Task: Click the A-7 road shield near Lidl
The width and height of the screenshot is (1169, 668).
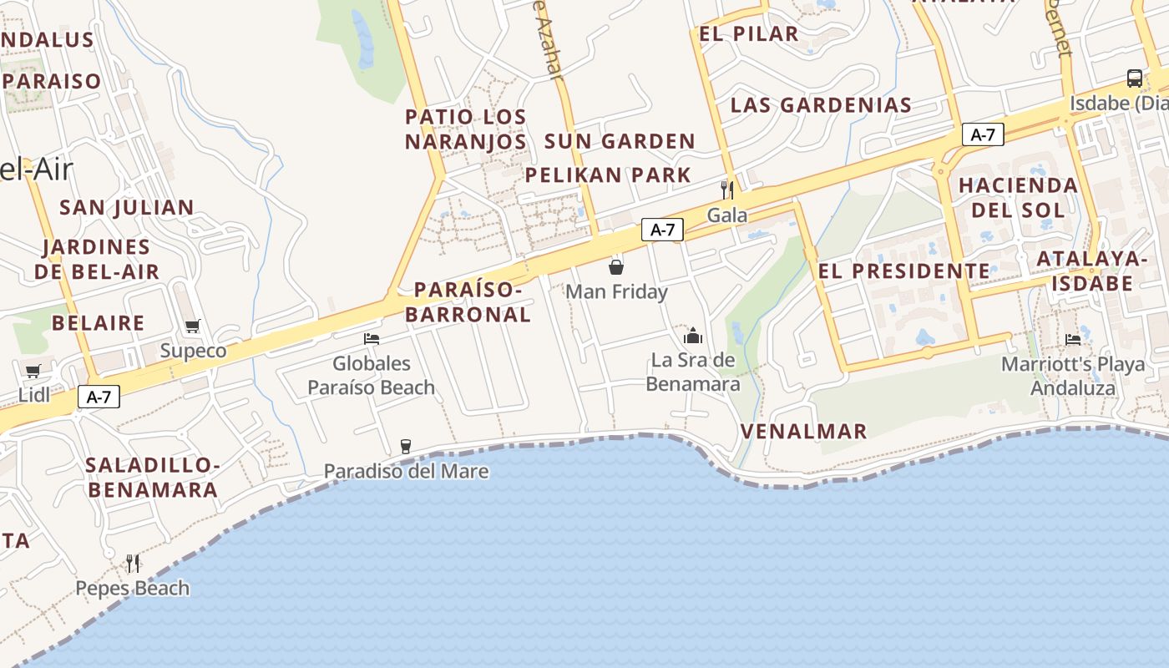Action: pos(99,397)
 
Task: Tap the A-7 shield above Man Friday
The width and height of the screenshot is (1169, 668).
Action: pos(662,230)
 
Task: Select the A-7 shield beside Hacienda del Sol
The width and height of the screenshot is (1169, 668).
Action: pos(983,134)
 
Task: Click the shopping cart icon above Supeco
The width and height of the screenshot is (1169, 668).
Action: pos(193,326)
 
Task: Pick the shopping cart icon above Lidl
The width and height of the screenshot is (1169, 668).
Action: pos(33,371)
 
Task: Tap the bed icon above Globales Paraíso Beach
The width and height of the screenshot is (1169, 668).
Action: pos(372,338)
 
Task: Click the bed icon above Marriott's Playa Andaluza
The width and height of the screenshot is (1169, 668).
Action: pos(1073,339)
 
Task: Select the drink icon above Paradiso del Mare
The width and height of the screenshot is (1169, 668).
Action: pos(406,446)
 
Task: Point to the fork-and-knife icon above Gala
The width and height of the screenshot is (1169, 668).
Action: pos(727,190)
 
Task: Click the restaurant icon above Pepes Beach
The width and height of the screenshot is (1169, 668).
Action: pos(133,563)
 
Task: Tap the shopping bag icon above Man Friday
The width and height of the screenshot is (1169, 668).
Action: pos(616,266)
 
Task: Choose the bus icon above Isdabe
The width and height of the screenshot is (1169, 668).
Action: pos(1134,78)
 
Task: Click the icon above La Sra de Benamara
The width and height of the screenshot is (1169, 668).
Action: pos(693,336)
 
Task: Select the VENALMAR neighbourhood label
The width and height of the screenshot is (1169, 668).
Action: pos(804,432)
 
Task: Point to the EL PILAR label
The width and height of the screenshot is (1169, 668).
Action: pos(749,34)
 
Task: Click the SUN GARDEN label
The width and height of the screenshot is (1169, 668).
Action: pos(620,141)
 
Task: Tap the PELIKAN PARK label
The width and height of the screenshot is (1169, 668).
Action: pos(608,175)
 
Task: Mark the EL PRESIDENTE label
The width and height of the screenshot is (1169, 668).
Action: pos(904,271)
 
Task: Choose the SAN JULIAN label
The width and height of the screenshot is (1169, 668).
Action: pos(127,207)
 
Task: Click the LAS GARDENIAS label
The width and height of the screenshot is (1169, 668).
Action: pos(821,105)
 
